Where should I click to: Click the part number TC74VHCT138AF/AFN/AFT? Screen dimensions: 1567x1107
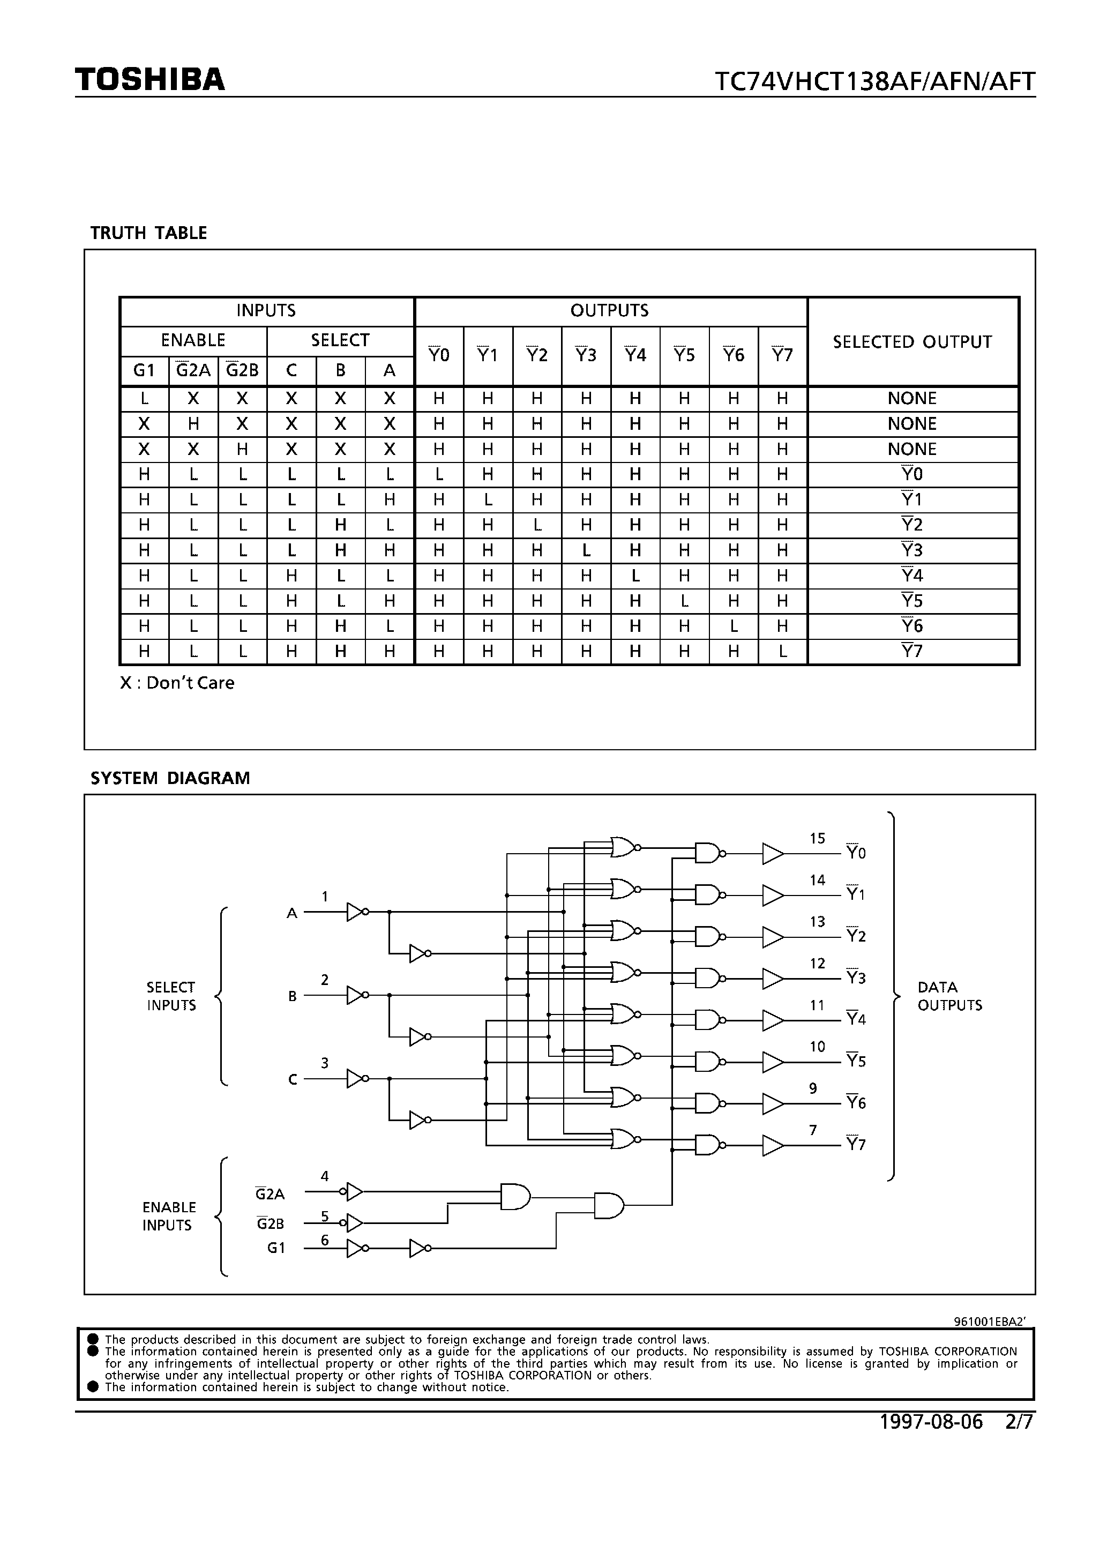(875, 82)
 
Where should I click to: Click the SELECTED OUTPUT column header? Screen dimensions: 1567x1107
(912, 342)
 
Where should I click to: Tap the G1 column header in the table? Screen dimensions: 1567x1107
(144, 371)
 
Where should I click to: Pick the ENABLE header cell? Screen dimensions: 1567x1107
(193, 340)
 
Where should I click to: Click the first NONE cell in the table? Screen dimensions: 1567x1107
(912, 399)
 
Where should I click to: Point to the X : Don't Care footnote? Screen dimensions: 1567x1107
(177, 683)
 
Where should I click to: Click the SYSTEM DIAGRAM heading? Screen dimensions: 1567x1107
(170, 778)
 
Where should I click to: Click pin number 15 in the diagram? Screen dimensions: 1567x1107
(818, 838)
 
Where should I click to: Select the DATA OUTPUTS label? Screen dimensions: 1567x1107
(949, 996)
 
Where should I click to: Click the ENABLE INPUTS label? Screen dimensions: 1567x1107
(169, 1215)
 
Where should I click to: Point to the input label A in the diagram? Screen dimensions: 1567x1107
(292, 913)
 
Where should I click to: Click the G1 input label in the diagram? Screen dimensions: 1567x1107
(276, 1248)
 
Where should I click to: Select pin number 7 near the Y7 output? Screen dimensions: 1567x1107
(813, 1130)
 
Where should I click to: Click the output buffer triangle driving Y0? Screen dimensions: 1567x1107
(772, 853)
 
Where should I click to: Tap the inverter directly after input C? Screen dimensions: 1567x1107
(356, 1078)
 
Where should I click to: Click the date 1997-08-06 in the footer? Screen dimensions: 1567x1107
(931, 1422)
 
